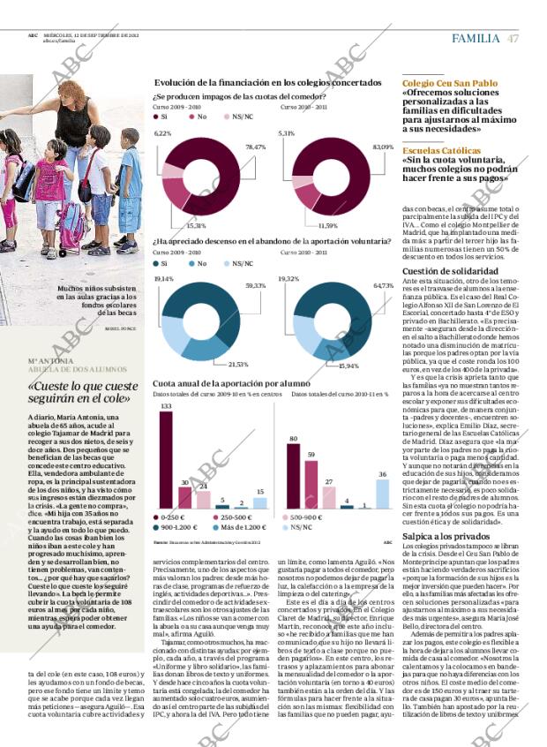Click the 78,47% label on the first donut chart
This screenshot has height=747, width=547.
click(x=255, y=147)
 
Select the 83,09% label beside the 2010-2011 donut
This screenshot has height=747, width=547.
click(x=383, y=147)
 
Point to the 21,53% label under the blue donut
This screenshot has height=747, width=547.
click(x=238, y=364)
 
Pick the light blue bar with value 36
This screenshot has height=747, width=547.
click(x=382, y=494)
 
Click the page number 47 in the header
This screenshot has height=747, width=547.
click(x=513, y=38)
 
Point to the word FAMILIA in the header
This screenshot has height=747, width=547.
click(x=476, y=38)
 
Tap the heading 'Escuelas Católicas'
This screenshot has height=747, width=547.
click(x=442, y=151)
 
